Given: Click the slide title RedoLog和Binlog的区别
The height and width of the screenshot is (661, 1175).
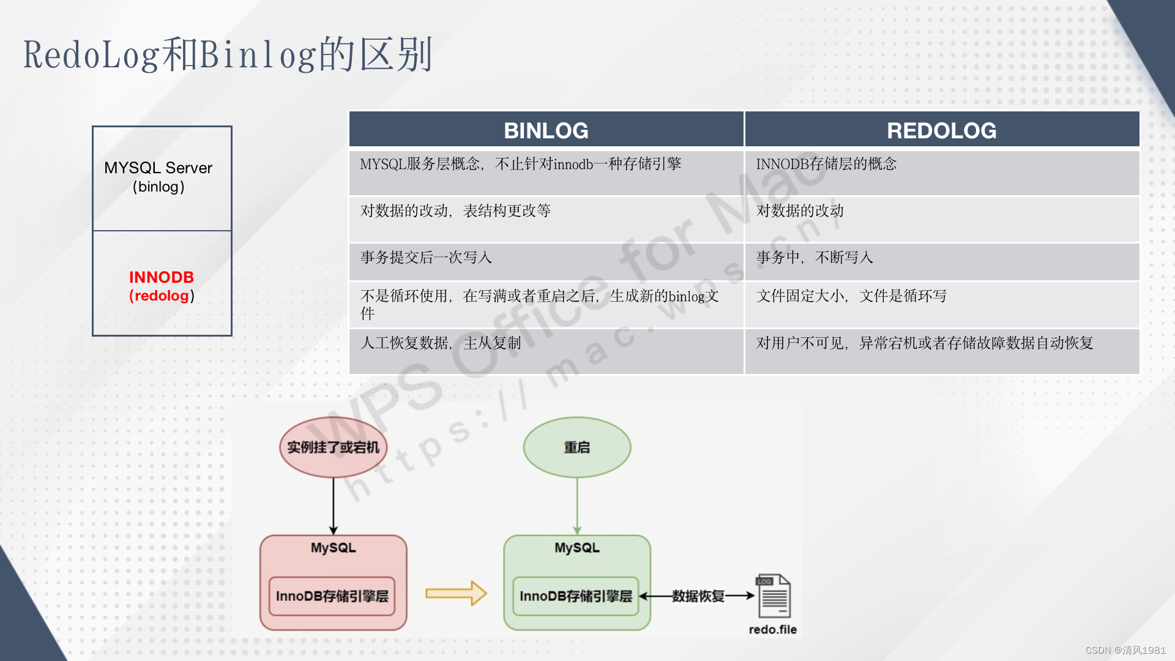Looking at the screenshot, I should click(228, 54).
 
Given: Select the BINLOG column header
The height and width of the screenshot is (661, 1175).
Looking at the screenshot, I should click(546, 130).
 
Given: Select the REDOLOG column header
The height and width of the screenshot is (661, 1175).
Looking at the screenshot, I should click(941, 130).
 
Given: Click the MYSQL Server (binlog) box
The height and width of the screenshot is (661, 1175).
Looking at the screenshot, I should click(162, 178).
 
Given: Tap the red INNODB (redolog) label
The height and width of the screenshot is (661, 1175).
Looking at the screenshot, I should click(162, 286).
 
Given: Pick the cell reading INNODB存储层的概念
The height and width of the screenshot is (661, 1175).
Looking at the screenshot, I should click(826, 164).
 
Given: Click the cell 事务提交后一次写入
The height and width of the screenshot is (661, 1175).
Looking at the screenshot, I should click(426, 258).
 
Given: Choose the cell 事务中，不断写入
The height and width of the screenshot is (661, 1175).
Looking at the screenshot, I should click(815, 258).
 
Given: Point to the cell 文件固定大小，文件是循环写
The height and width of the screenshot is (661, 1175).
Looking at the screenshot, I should click(851, 296).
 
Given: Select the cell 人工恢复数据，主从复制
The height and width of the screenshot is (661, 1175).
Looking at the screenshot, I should click(441, 343).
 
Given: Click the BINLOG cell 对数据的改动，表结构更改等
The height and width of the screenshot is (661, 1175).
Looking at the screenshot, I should click(455, 211).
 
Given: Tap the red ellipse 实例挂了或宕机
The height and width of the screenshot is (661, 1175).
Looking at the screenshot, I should click(333, 447).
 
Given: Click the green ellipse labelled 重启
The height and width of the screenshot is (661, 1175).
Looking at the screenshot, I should click(576, 447).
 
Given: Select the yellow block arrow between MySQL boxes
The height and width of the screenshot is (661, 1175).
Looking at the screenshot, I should click(455, 593).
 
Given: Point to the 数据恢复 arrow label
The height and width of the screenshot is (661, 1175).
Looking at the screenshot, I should click(698, 596).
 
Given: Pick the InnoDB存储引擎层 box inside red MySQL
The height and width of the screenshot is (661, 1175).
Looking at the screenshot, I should click(332, 596).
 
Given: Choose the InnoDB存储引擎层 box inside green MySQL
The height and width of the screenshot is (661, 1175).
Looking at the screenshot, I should click(575, 596).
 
